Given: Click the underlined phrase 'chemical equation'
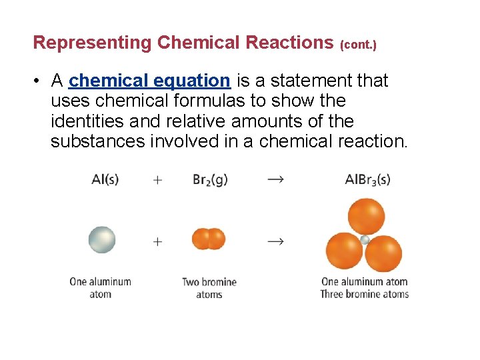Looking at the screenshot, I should point(149,81).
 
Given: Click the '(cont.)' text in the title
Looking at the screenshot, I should point(358,45).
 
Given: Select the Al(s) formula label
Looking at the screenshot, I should point(105,180).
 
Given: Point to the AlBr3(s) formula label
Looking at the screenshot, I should point(367,180).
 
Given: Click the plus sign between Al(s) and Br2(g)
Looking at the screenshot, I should point(157,181).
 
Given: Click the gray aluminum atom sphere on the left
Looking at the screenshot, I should point(102,240).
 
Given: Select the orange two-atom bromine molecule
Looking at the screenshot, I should point(209,239).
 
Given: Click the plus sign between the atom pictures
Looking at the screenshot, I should point(157,241).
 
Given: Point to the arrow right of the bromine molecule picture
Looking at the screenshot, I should point(275,241).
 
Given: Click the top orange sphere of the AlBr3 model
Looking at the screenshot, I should point(366,215).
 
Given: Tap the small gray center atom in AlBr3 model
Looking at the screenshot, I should point(365,240).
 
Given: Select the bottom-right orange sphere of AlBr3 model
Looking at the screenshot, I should point(385,253).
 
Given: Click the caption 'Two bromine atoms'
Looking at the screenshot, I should point(209,288).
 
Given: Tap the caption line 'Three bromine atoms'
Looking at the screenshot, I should point(364,294).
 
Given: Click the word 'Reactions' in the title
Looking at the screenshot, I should point(289,43).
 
